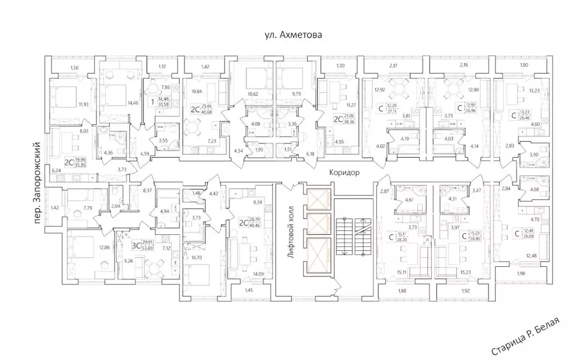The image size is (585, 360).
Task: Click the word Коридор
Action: coord(344,173)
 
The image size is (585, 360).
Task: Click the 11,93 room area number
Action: coord(83,104)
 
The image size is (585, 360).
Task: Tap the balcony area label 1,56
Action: coord(74,69)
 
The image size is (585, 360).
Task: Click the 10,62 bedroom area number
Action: coord(253,94)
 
